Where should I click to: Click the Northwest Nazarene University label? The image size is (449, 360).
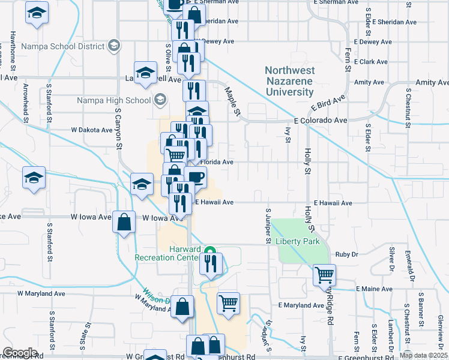289,82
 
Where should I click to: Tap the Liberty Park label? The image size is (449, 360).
298,241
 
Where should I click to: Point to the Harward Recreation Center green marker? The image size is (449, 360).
209,251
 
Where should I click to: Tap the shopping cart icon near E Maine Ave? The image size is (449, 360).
324,275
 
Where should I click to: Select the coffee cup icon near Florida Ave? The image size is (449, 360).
195,176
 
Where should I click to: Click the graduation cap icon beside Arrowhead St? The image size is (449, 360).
34,178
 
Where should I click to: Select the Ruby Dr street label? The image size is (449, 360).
347,254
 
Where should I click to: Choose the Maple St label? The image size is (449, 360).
232,101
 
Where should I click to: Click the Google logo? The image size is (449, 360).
20,353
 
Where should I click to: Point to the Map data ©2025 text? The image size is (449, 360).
422,355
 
